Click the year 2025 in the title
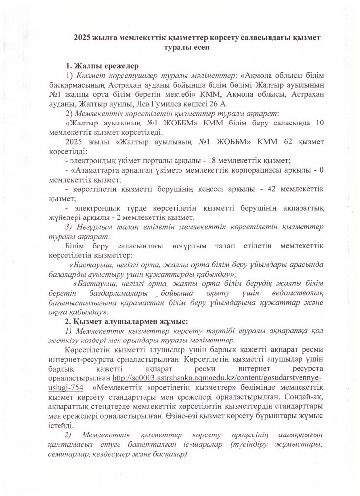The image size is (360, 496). coord(83,37)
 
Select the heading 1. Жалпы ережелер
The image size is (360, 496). coord(102,65)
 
